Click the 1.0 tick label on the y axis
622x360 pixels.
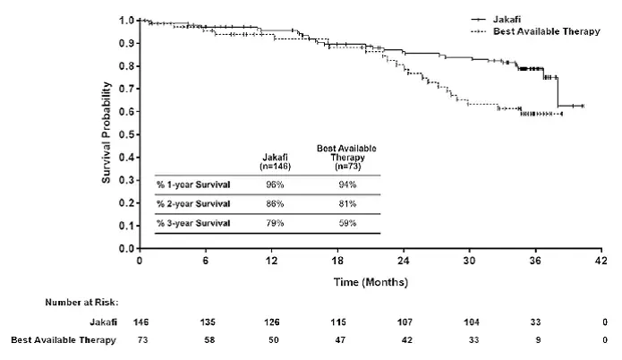coord(127,20)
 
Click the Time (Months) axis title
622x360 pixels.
coord(371,282)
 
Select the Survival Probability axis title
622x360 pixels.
coord(106,133)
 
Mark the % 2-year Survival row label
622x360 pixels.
coord(194,203)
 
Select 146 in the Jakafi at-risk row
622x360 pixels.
coord(141,321)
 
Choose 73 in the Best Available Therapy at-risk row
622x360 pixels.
coord(141,341)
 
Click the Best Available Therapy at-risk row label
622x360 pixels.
coord(64,341)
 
